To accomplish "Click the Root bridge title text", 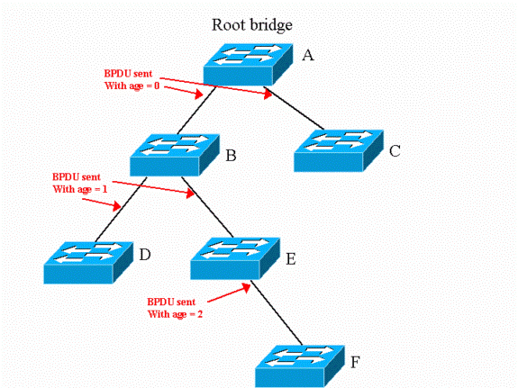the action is tap(251, 25).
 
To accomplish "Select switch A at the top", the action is tap(248, 65).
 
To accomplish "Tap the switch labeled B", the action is tap(175, 155).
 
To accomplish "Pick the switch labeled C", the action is tap(339, 151).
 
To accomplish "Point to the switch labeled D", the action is tap(88, 263).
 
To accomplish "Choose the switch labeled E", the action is tap(235, 258).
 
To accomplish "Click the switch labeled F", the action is tap(300, 366).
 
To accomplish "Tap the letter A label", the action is tap(308, 55).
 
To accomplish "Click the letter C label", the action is tap(395, 151).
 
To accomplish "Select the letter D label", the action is tap(145, 255).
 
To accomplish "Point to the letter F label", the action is tap(355, 362).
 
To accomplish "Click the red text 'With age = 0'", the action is tap(132, 86).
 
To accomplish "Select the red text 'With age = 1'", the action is tap(80, 189).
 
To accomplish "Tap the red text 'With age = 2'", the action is tap(175, 314).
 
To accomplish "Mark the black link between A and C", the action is tap(294, 108).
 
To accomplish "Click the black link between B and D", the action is tap(121, 210).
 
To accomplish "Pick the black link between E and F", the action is tap(277, 312).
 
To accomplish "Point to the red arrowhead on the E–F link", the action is tap(246, 287).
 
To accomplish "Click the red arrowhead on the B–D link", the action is tap(116, 206).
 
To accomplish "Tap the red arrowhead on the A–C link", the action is tap(268, 95).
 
